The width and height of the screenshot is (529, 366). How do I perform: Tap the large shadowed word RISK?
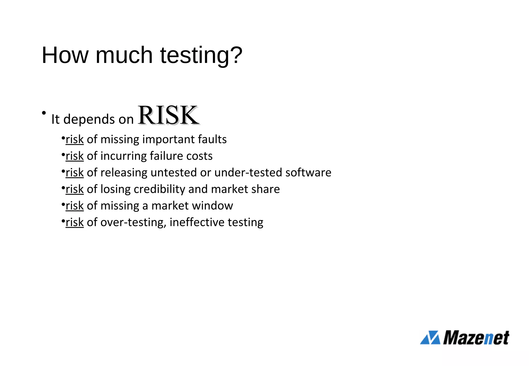pyautogui.click(x=168, y=115)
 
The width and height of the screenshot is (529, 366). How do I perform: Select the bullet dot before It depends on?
pyautogui.click(x=44, y=113)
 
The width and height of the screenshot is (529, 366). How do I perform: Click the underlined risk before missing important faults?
pyautogui.click(x=75, y=139)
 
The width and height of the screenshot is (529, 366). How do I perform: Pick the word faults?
pyautogui.click(x=212, y=139)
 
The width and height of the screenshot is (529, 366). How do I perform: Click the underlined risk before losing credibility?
pyautogui.click(x=75, y=189)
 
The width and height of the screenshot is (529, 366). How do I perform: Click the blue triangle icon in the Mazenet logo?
pyautogui.click(x=430, y=337)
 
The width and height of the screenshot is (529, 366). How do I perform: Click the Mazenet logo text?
pyautogui.click(x=476, y=337)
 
